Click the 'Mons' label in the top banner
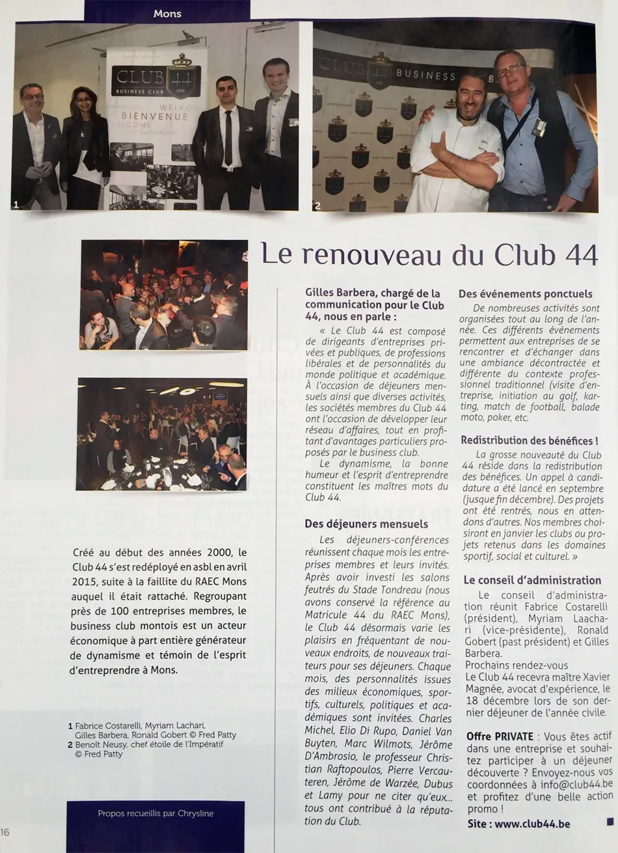[x=167, y=13]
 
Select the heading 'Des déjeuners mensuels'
[x=366, y=523]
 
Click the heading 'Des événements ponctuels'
[x=526, y=294]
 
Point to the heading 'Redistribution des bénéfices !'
[x=530, y=440]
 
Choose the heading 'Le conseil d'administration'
[x=532, y=580]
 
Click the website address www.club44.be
[x=532, y=824]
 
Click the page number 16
[x=5, y=832]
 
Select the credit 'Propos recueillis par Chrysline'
[x=155, y=813]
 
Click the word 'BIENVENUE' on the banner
[x=154, y=117]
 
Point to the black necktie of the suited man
[x=228, y=137]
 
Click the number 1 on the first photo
[x=16, y=204]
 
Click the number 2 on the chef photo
[x=317, y=206]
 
